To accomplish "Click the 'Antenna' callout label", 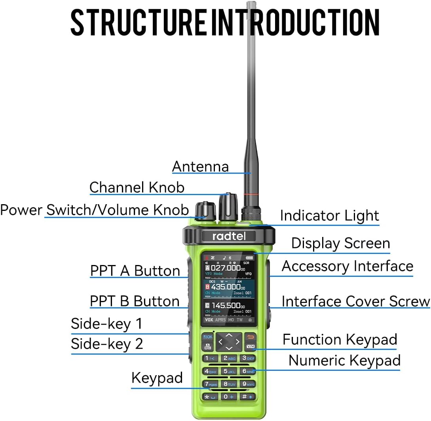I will click(200, 167).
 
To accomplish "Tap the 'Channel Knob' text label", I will click(137, 187).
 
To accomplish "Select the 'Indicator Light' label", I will click(329, 216).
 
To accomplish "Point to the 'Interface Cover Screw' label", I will click(355, 301).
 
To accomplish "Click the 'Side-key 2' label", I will click(107, 344).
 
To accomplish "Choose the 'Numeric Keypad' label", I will click(344, 361).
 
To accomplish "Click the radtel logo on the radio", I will click(228, 236).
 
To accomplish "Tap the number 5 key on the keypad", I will click(229, 371).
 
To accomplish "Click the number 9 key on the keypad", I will click(248, 383).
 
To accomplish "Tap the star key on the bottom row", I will click(210, 397).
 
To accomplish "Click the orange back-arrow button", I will click(250, 337).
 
